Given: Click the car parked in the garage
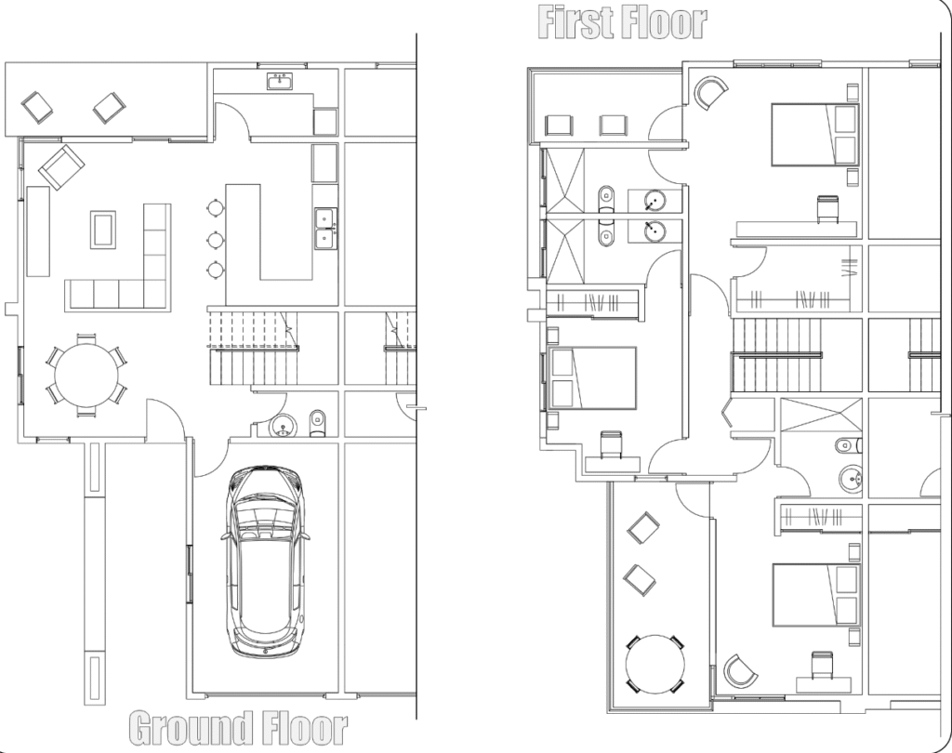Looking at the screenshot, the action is (x=265, y=561).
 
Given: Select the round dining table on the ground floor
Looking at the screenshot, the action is (x=86, y=375).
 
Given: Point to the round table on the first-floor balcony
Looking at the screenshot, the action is (x=655, y=664).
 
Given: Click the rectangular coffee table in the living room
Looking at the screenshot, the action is (x=102, y=230).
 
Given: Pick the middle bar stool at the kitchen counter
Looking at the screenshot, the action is (x=215, y=241).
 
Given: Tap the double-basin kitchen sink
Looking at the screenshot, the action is (x=325, y=228).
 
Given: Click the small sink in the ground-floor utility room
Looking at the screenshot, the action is (x=280, y=81).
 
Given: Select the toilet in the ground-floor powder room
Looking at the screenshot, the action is (x=318, y=423).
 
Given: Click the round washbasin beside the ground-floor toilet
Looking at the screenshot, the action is (x=282, y=427).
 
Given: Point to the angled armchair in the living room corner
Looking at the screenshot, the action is (x=61, y=166).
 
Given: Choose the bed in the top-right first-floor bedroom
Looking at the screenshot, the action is (x=814, y=134).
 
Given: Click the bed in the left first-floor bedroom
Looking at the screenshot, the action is (x=592, y=377).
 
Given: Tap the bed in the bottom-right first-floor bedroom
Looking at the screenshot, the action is (x=815, y=595).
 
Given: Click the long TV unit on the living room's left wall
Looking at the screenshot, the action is (x=37, y=231).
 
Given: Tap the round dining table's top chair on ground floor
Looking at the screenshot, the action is (x=86, y=337).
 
